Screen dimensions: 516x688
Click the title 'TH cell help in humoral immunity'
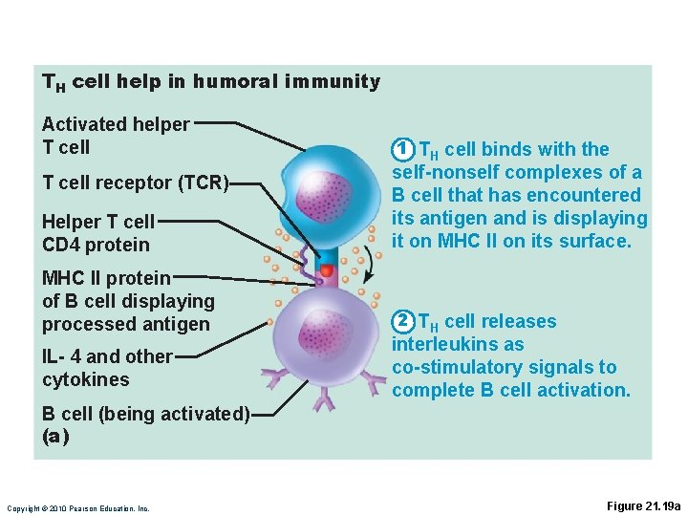210,82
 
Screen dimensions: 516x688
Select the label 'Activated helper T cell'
116,136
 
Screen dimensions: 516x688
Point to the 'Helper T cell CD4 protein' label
97,233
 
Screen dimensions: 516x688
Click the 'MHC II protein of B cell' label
128,301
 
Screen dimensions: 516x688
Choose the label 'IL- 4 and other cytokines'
107,368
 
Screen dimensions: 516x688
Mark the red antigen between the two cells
326,271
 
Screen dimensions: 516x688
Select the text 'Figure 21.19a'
644,505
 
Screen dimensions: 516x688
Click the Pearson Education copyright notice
77,507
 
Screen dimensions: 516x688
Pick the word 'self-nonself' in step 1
446,172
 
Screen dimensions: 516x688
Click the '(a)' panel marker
55,436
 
